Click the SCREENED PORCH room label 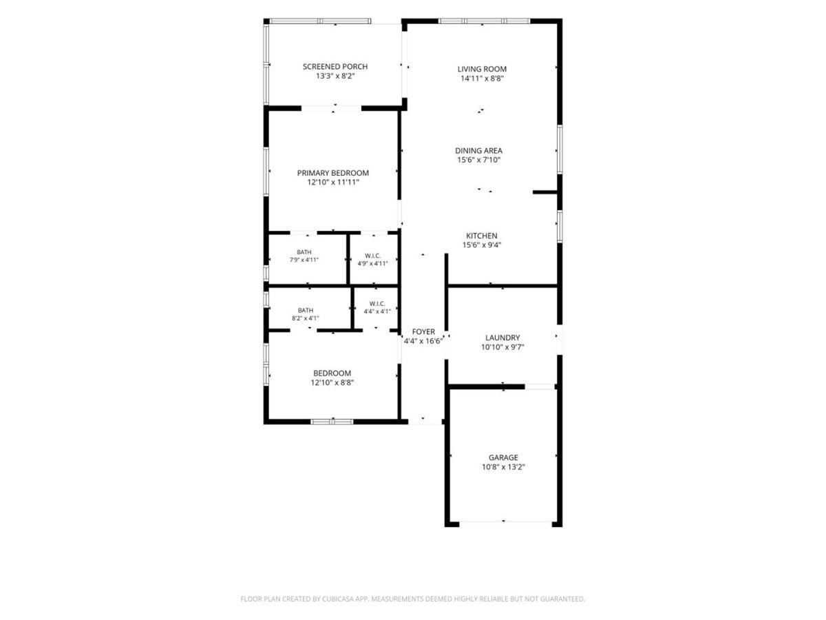coord(335,67)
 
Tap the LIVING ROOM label coord(482,69)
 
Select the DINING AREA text coord(478,151)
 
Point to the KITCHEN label coord(481,236)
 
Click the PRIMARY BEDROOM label coord(332,173)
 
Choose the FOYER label coord(423,331)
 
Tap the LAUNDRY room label coord(502,338)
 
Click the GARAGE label coord(503,457)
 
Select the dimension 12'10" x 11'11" coord(333,183)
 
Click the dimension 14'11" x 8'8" coord(482,79)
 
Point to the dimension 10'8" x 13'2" coord(503,467)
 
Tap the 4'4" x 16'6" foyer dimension coord(423,342)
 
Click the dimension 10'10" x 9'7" coord(502,347)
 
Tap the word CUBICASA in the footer coord(338,599)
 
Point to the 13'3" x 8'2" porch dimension coord(335,76)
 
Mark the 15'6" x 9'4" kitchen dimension coord(482,245)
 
